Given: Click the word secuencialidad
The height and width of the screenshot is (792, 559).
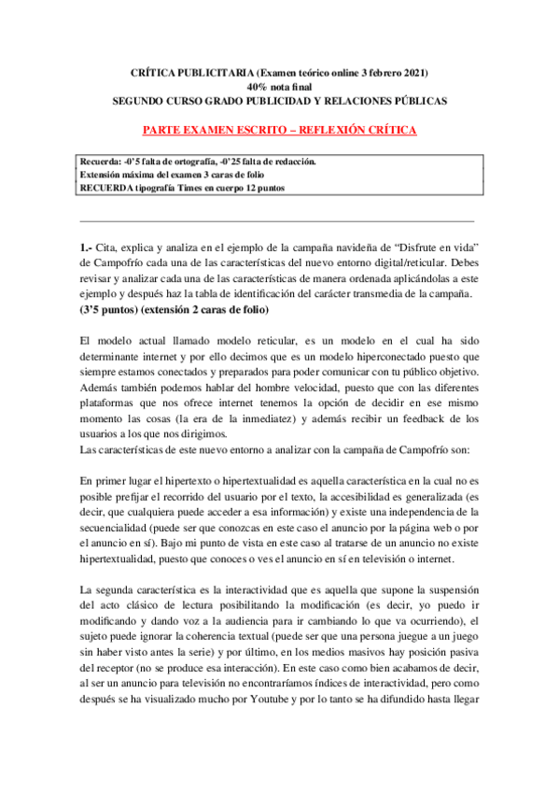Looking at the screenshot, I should (x=124, y=527).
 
